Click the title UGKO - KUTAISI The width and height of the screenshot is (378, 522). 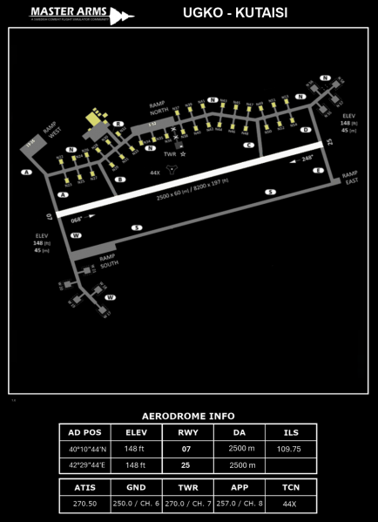(x=235, y=13)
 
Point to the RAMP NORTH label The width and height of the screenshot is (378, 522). (x=159, y=106)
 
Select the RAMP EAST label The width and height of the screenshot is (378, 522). (x=349, y=177)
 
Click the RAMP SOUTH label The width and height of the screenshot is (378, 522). (x=108, y=261)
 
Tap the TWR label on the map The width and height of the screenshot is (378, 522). (x=170, y=154)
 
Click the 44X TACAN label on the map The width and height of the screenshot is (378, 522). (x=155, y=173)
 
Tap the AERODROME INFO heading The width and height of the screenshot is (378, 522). (x=188, y=416)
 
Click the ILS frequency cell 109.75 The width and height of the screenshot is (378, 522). (x=288, y=449)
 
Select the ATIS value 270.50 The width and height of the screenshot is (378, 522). (x=85, y=504)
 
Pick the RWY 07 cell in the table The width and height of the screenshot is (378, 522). (x=186, y=449)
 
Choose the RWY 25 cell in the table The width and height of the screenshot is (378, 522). (x=186, y=465)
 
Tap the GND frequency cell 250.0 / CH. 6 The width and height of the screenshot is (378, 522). (x=136, y=504)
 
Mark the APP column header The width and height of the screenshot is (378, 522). (x=240, y=487)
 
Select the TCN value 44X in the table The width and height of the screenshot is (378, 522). (x=290, y=504)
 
